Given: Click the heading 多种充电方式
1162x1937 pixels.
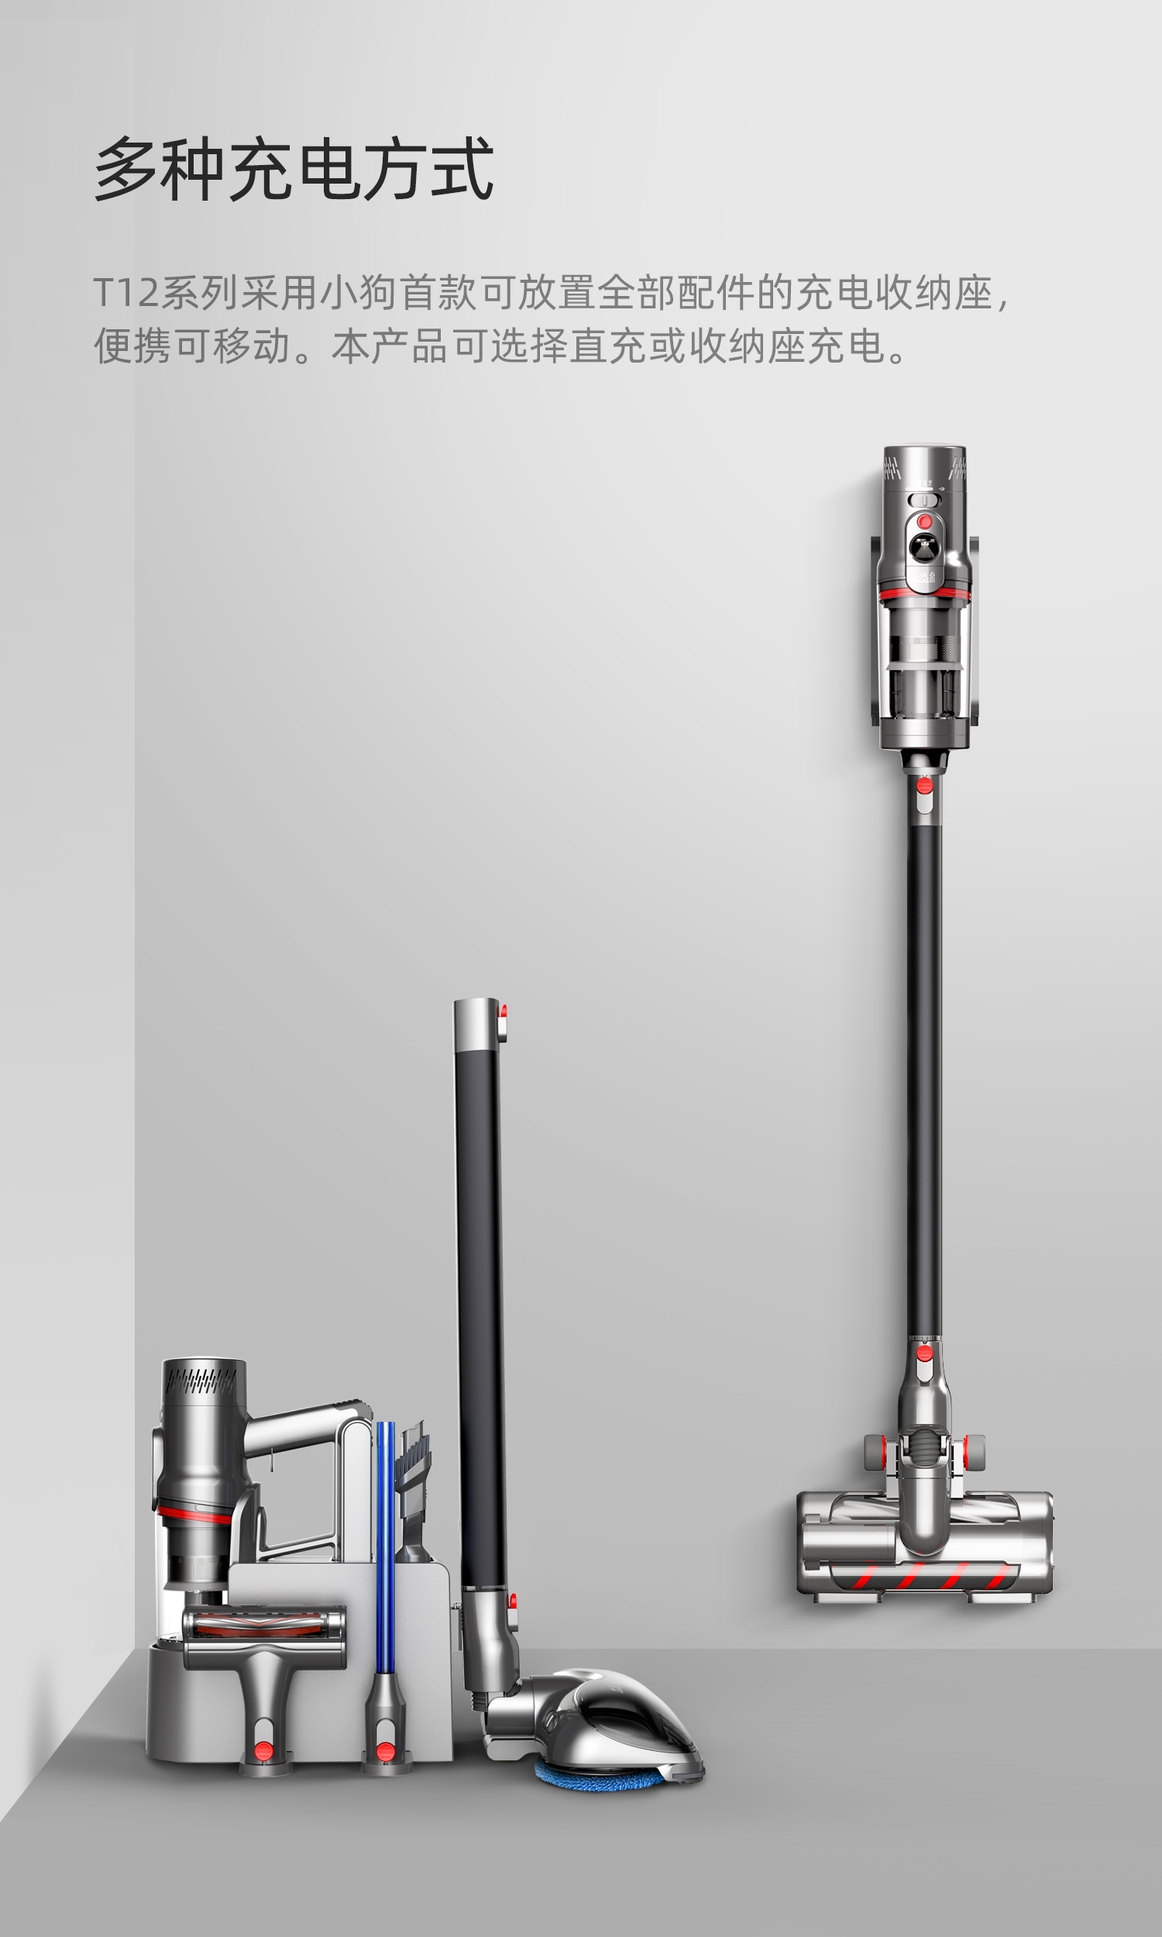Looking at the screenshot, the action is click(x=294, y=168).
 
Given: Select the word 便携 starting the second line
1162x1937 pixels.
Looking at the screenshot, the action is click(x=132, y=346).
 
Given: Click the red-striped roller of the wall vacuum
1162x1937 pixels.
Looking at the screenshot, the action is click(x=924, y=1574).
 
